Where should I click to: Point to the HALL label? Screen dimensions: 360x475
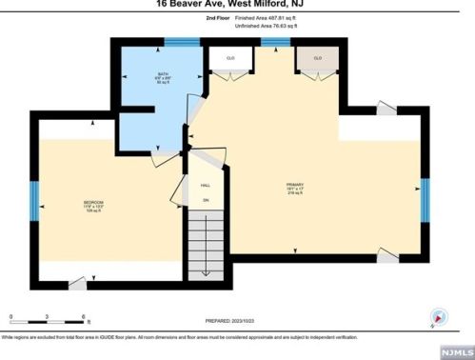click(x=204, y=187)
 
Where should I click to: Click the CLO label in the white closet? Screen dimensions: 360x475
click(x=230, y=59)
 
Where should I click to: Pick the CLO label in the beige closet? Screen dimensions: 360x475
click(x=318, y=59)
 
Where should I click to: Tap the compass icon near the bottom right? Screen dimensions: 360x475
click(x=438, y=317)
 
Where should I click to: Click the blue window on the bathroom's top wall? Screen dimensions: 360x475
click(x=176, y=42)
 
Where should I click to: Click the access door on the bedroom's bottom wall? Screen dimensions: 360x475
click(x=76, y=283)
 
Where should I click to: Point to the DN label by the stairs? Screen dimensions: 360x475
click(x=205, y=201)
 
